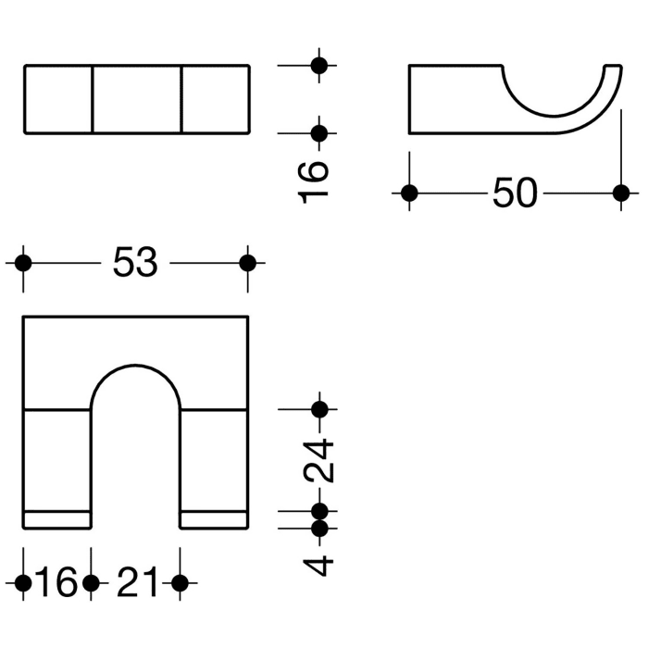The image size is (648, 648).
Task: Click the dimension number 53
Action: tap(136, 264)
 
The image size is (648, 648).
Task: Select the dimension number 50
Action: tap(515, 193)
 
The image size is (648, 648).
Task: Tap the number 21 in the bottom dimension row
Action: tap(135, 583)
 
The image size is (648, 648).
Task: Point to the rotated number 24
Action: tap(319, 459)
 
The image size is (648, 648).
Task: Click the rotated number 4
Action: tap(319, 564)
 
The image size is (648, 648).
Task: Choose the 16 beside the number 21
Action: tap(56, 583)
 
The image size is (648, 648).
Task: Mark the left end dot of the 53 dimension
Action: tap(24, 263)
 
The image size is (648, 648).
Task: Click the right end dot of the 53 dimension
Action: tap(247, 263)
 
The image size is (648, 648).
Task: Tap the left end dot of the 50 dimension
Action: tap(409, 193)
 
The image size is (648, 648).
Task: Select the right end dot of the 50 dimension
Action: tap(620, 193)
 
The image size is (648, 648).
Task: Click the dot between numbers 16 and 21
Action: tap(91, 583)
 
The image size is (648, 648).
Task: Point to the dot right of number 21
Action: tap(180, 583)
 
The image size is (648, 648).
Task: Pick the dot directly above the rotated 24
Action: tap(320, 408)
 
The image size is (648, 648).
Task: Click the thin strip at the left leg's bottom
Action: tap(57, 519)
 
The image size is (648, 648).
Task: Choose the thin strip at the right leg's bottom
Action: tap(214, 519)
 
